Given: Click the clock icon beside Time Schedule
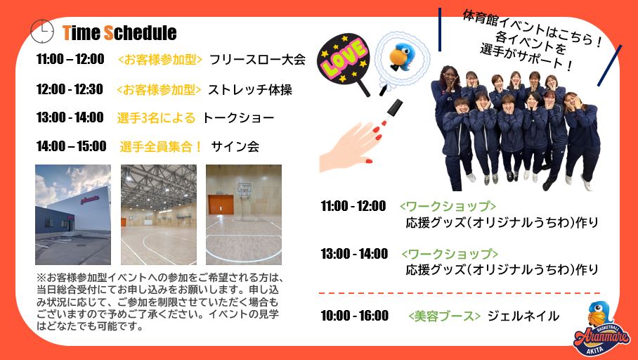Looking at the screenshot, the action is point(42,31).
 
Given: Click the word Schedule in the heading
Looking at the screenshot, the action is point(141,32).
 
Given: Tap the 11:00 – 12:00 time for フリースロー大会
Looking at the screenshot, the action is point(70,59).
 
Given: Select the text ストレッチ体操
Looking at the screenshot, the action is point(250,89).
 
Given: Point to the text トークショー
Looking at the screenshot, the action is point(238,117).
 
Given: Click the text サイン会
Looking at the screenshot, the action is point(235,146).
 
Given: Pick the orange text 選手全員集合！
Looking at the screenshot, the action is point(161,146).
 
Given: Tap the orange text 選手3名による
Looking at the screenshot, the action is point(156,117).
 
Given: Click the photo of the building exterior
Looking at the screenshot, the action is point(73,214).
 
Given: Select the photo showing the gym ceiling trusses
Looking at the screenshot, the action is point(159,214).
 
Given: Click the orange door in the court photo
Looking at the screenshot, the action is point(221,205).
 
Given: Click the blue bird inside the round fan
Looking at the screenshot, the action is point(401,56).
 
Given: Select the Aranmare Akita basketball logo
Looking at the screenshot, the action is point(601,329).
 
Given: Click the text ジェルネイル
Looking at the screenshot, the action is point(523,316).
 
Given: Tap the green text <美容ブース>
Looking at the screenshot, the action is point(444,316).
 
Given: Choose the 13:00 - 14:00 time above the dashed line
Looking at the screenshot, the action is point(354,254).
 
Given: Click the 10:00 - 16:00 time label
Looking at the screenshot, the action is point(354,316).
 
